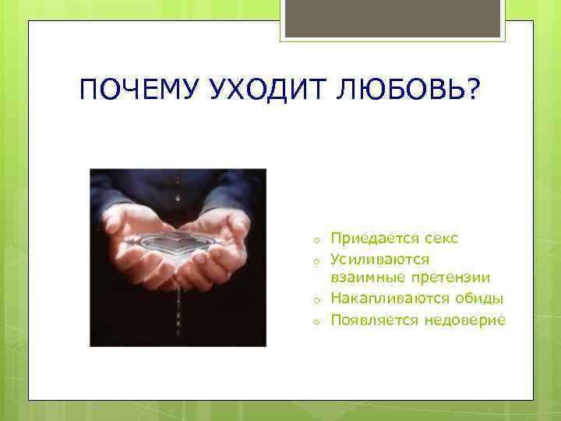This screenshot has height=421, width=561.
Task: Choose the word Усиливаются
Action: tap(379, 258)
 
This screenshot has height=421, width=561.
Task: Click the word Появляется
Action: tap(376, 320)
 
